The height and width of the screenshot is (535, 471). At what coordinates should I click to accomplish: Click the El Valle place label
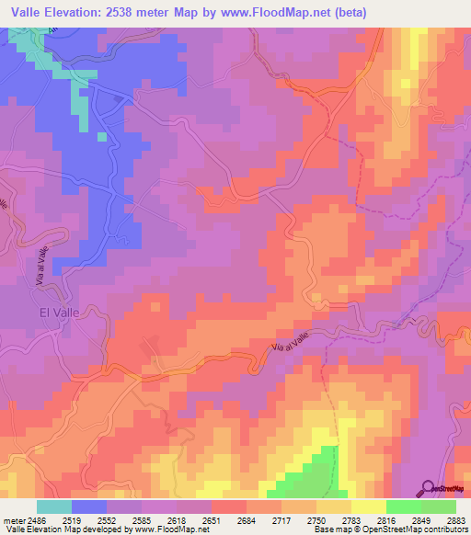pos(59,312)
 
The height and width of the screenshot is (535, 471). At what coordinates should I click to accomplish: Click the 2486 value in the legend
pos(37,519)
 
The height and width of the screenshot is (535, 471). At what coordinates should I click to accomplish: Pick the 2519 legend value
pos(72,519)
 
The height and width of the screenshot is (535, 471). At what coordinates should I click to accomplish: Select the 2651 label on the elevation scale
pos(212,519)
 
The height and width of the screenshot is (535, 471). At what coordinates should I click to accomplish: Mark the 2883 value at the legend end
pos(454,519)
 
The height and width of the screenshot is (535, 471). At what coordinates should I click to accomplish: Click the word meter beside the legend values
pos(12,519)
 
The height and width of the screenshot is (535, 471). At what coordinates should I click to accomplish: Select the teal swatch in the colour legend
pos(54,507)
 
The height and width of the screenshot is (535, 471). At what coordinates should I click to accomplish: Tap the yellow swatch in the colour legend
pos(368,507)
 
